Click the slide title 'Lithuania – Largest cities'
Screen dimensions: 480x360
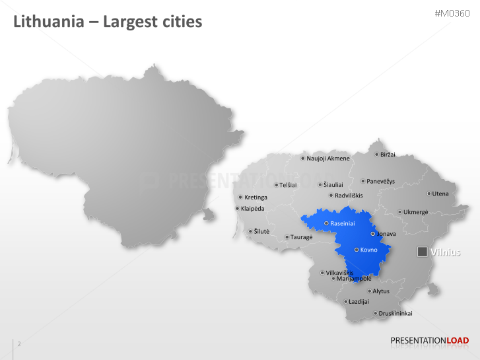(108, 22)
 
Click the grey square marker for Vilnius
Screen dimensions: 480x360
(422, 252)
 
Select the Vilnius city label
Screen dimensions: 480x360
(446, 252)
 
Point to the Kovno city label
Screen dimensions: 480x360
(368, 250)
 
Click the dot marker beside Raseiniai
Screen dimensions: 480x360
(326, 223)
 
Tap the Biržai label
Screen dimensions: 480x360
(388, 155)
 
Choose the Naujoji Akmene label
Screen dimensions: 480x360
(328, 159)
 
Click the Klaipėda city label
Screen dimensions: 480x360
(253, 209)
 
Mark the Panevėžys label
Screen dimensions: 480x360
(381, 181)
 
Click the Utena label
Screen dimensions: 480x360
(441, 194)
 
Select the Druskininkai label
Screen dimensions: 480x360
(396, 313)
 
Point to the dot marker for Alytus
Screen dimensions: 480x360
(370, 291)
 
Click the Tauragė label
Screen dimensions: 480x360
(302, 237)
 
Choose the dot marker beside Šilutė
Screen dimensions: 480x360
(250, 231)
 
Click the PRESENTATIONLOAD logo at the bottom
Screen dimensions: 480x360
(429, 341)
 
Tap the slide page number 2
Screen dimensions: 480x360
(19, 344)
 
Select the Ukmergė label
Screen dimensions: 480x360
(416, 212)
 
